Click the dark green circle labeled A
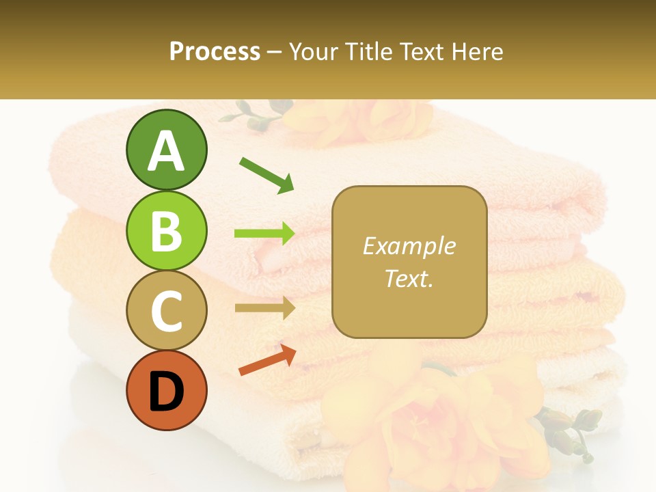(166, 150)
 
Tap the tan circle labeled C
(166, 310)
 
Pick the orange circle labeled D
(166, 390)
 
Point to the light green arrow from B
(264, 234)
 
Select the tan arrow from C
(264, 308)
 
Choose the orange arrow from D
(267, 360)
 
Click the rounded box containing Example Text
(409, 262)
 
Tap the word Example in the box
(409, 246)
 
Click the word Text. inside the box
(409, 278)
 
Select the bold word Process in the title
(215, 51)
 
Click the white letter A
(166, 150)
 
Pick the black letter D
(166, 392)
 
